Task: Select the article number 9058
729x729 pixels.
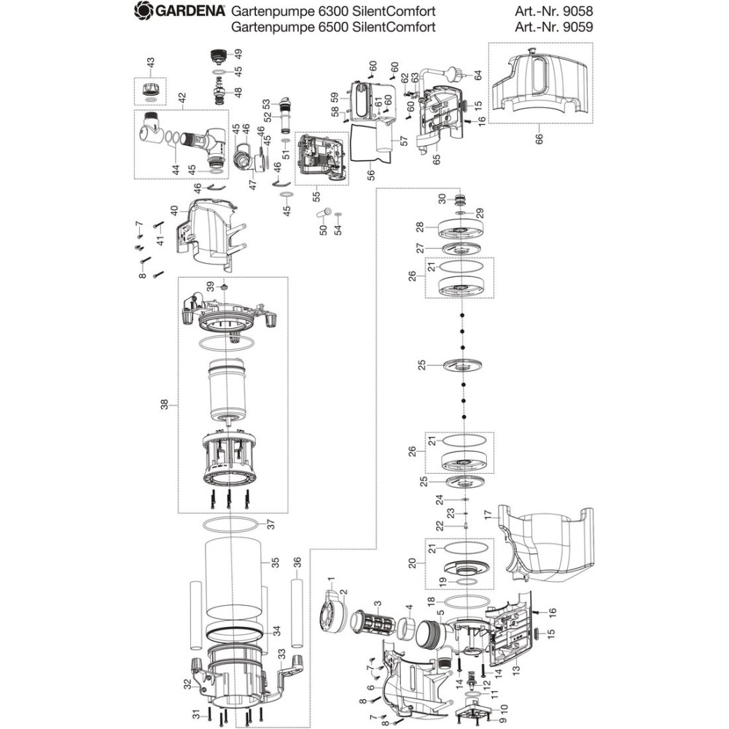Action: pos(579,11)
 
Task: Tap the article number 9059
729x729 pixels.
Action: pos(579,28)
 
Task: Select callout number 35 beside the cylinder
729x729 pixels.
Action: pos(275,562)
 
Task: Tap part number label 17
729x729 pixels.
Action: pos(488,515)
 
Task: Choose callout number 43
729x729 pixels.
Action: pos(151,64)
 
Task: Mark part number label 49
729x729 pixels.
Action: pos(238,53)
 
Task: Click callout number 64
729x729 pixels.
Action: pos(478,74)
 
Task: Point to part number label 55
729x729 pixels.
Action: pos(316,195)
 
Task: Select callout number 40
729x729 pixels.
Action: pos(174,210)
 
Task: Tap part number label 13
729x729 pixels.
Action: pos(516,669)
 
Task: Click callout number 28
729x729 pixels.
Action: pos(419,227)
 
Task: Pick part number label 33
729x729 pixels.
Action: pos(282,653)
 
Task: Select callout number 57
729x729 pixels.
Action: pos(399,138)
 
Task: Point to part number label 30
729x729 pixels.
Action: pos(442,198)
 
